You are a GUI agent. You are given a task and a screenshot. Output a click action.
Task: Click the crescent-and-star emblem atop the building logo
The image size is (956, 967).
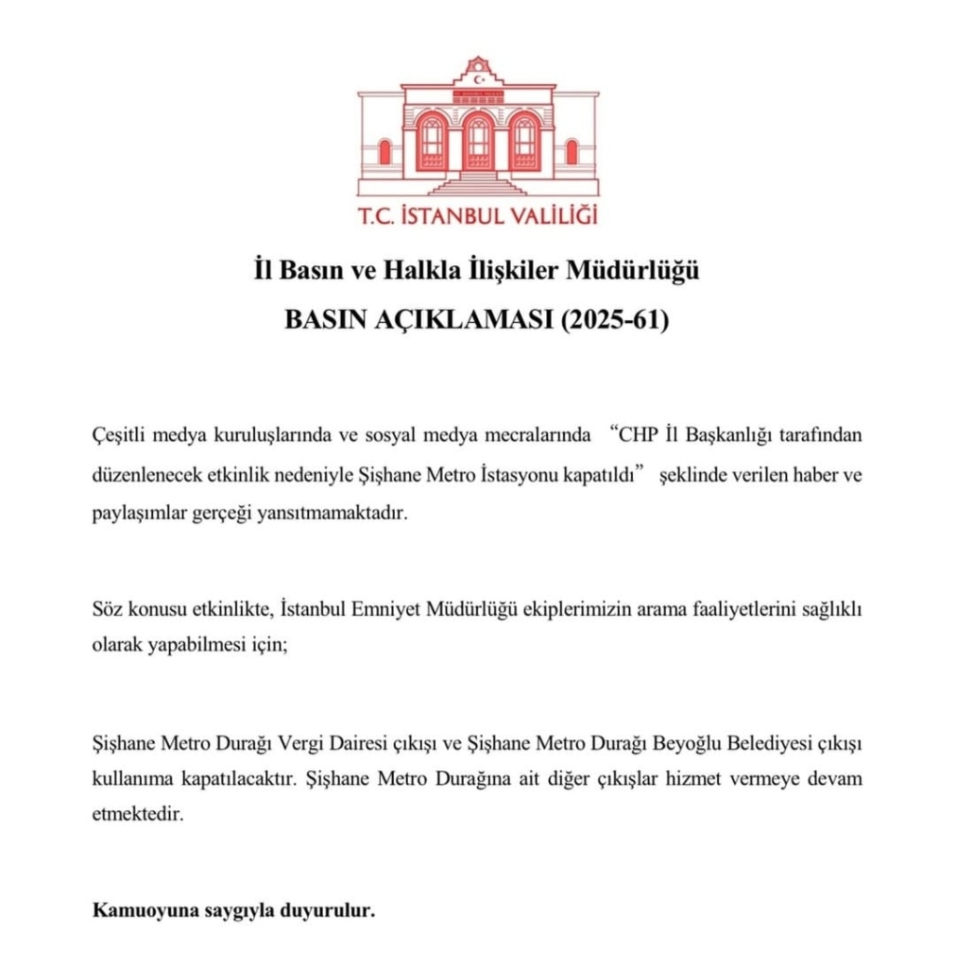tap(478, 79)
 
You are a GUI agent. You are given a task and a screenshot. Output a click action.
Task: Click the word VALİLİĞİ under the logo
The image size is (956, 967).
tap(548, 217)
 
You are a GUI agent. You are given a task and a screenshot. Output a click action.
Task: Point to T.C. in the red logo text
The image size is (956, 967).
tap(377, 217)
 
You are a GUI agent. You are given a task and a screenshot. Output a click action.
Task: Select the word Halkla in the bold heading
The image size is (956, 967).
tap(418, 274)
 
